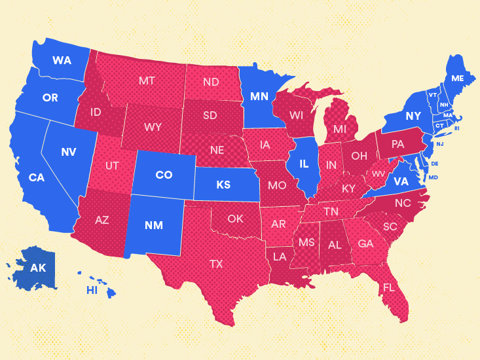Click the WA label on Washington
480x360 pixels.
[62, 60]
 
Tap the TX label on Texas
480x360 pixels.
[215, 264]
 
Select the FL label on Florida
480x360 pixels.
[389, 287]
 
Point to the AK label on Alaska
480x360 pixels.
[38, 268]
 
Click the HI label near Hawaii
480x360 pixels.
[92, 290]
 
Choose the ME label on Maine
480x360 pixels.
[457, 79]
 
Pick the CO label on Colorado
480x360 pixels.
[164, 175]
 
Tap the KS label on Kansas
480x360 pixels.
[223, 185]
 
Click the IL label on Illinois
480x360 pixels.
[304, 164]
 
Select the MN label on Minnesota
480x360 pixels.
[259, 97]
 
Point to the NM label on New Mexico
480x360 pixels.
[153, 225]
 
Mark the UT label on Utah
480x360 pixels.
[112, 166]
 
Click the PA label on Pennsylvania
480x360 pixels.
[397, 143]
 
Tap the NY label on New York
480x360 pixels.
[413, 116]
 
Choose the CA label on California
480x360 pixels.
[36, 177]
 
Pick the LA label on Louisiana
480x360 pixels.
[279, 257]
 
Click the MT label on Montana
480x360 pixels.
[147, 81]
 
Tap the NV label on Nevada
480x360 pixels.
[69, 152]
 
